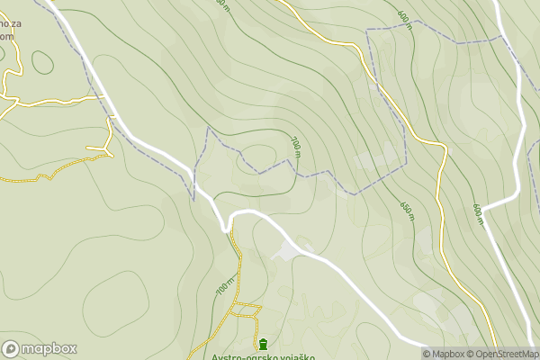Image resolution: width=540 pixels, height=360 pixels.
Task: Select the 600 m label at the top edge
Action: [x=403, y=19]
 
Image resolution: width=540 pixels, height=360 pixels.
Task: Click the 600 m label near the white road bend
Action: [x=478, y=214]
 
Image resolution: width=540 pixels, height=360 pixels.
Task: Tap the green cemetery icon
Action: [x=262, y=343]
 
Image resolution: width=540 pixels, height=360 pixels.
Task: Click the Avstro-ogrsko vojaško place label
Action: [x=264, y=356]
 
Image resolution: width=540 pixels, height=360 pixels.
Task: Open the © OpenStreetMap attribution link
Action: [x=508, y=354]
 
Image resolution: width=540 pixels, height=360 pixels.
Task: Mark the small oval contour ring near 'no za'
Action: [x=42, y=62]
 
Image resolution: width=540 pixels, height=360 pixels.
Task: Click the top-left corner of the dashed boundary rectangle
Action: [x=367, y=31]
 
